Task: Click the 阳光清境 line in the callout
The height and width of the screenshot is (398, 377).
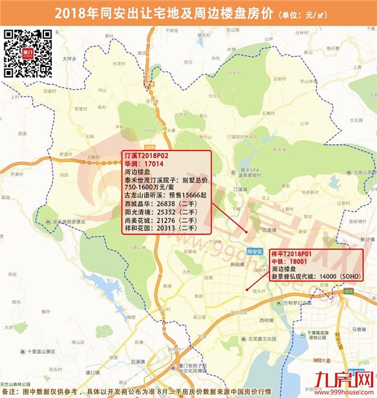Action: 159,212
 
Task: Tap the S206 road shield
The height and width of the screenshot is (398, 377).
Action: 157,146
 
